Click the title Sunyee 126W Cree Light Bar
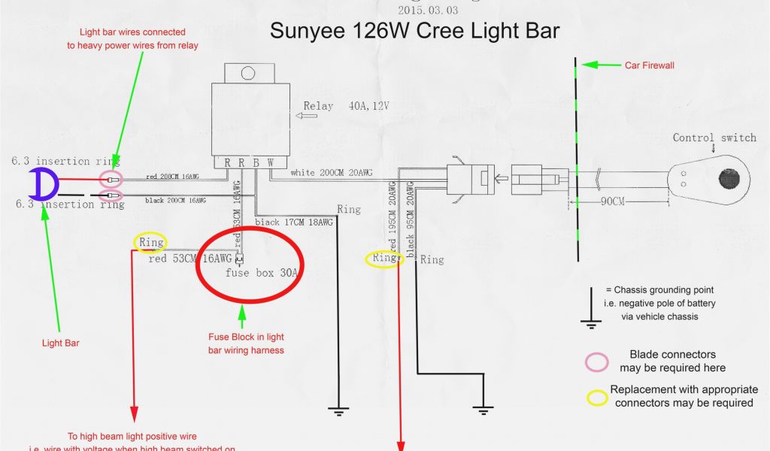point(414,32)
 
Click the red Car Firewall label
point(650,65)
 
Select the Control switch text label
point(714,138)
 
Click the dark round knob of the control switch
point(729,179)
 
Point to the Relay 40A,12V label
point(346,106)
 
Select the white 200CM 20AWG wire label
point(331,173)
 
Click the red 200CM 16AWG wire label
point(175,177)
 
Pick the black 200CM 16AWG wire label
point(175,201)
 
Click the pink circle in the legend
point(597,362)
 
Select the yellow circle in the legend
point(598,396)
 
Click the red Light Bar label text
point(61,343)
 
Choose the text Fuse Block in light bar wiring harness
point(246,344)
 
